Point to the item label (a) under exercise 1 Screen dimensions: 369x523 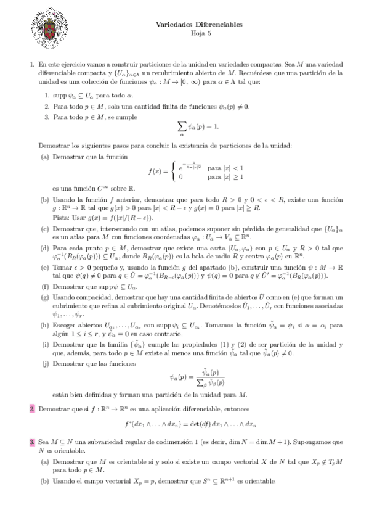45,157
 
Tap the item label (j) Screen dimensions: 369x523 45,364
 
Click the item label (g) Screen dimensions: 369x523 45,297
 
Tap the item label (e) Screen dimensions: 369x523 45,267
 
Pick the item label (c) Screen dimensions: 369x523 45,229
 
